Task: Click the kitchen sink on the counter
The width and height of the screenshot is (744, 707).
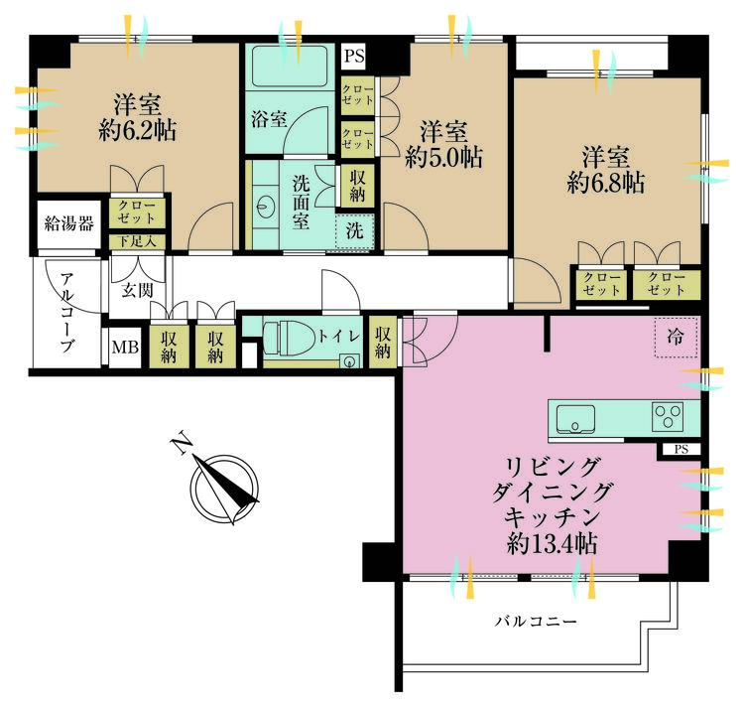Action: pyautogui.click(x=574, y=416)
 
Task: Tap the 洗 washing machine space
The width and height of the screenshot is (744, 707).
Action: pyautogui.click(x=353, y=231)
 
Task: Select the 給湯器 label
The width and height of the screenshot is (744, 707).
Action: pyautogui.click(x=69, y=222)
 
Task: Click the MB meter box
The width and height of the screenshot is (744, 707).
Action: pyautogui.click(x=125, y=347)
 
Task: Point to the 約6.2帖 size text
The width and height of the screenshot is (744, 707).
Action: pyautogui.click(x=138, y=130)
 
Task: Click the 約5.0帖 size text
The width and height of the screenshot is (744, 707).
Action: pyautogui.click(x=442, y=156)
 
